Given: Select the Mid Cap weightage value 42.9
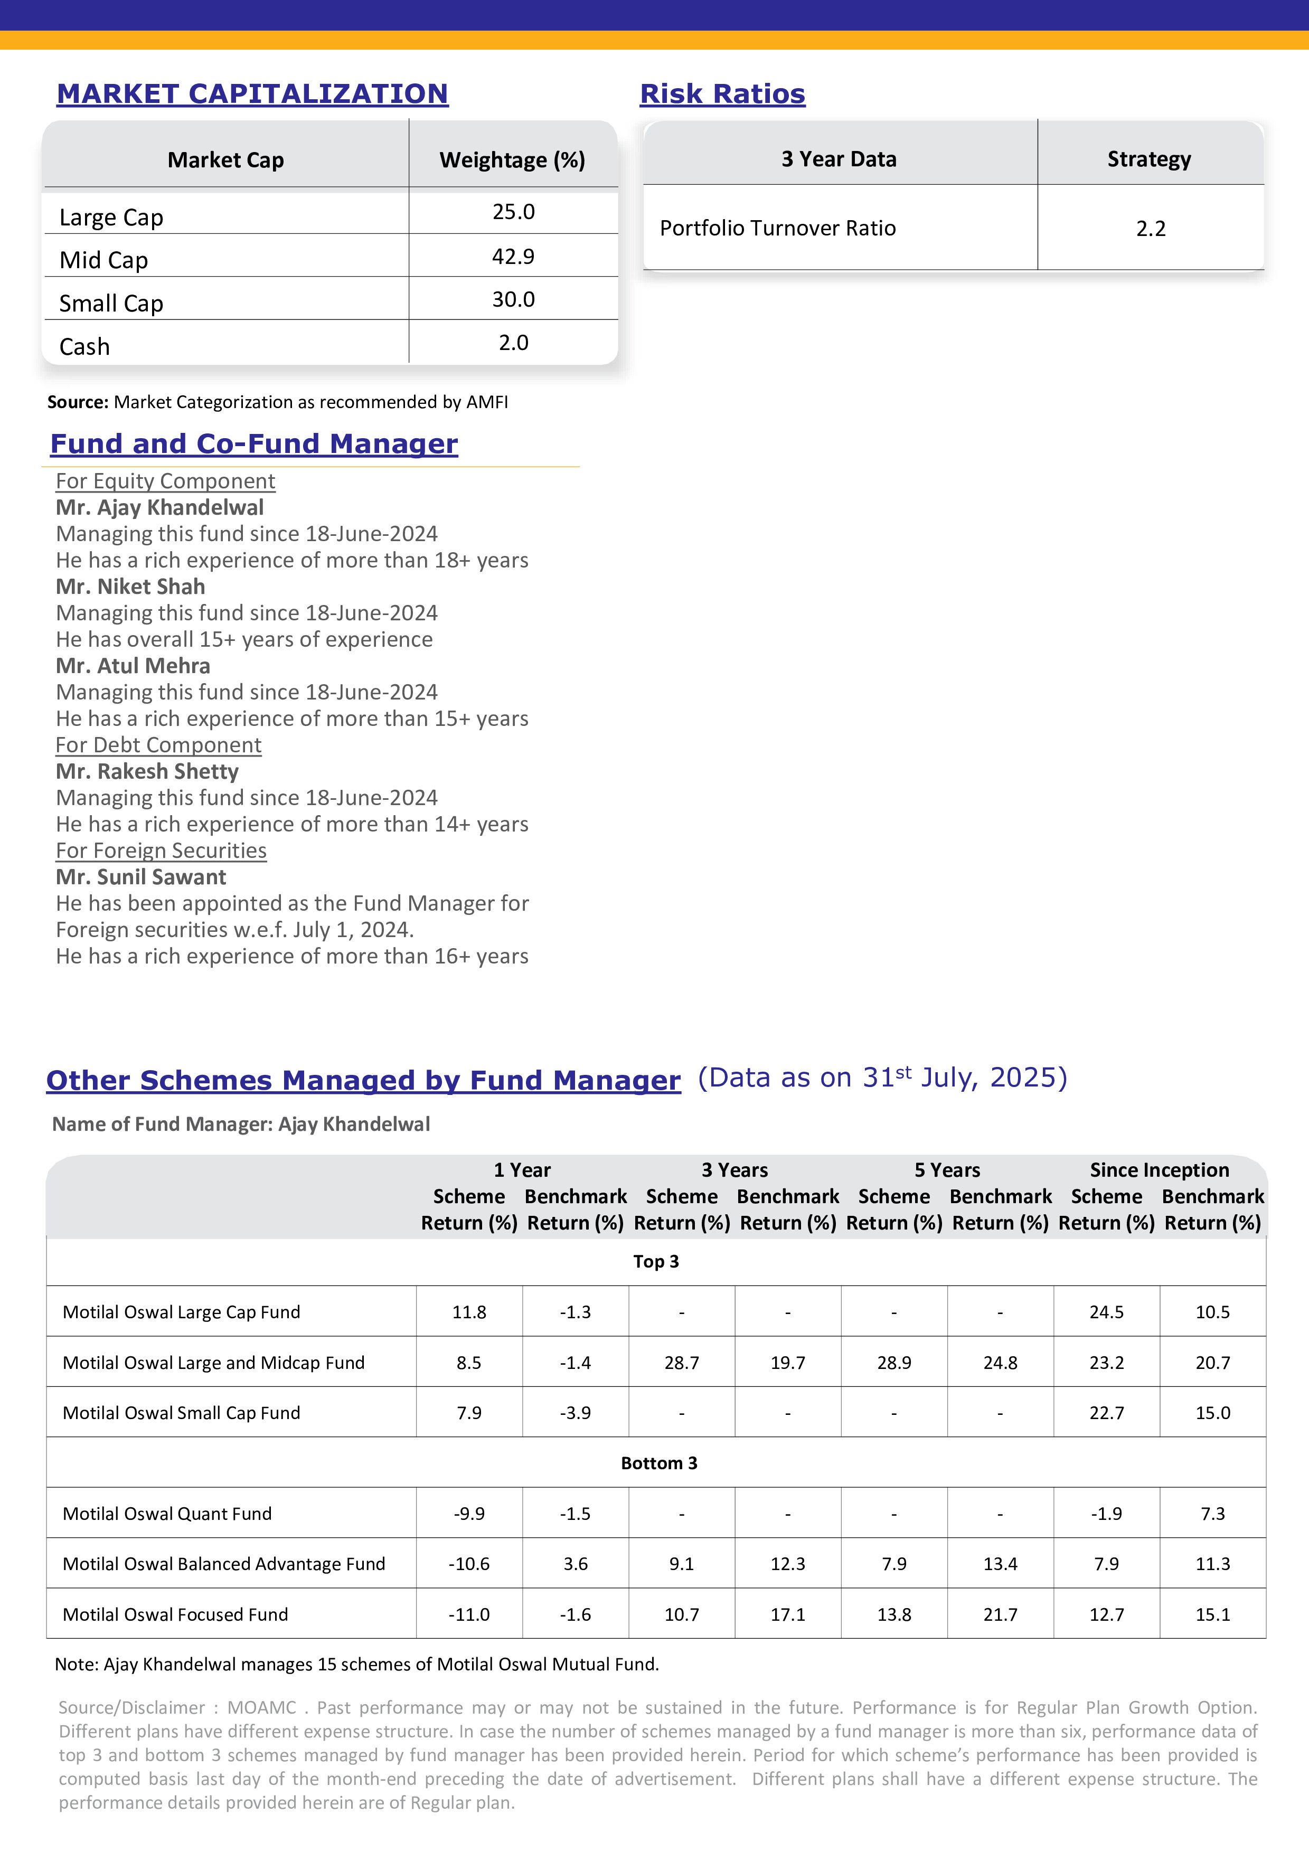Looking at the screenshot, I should click(513, 257).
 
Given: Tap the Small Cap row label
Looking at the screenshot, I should click(111, 303).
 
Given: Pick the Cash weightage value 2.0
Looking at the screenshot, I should click(513, 343).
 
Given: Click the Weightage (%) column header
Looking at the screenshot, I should click(512, 160).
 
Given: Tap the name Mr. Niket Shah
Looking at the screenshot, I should click(130, 587).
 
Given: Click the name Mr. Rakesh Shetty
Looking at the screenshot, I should click(147, 771).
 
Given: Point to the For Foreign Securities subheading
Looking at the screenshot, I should click(161, 850).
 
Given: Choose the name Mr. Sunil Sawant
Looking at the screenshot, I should click(140, 877).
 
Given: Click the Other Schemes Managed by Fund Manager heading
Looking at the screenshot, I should click(363, 1080).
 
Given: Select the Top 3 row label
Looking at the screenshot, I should click(656, 1262).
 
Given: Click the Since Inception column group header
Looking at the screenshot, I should click(1159, 1169).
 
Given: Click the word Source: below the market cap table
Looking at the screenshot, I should click(78, 402).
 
